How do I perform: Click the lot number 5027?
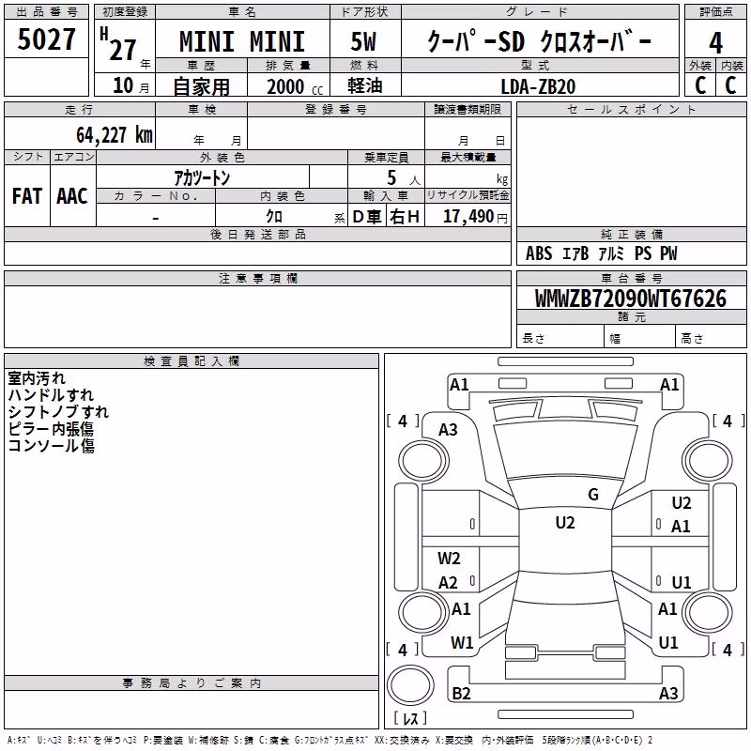tap(46, 39)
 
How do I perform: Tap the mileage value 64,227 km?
tap(115, 135)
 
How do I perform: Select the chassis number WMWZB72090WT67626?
tap(630, 299)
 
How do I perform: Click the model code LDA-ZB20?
tap(538, 86)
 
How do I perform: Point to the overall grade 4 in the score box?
tap(715, 43)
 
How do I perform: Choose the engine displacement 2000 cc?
tap(295, 87)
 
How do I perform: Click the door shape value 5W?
tap(363, 41)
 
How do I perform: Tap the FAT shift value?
tap(27, 196)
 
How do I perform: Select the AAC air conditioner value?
tap(72, 196)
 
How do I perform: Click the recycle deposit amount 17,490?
tap(468, 217)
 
